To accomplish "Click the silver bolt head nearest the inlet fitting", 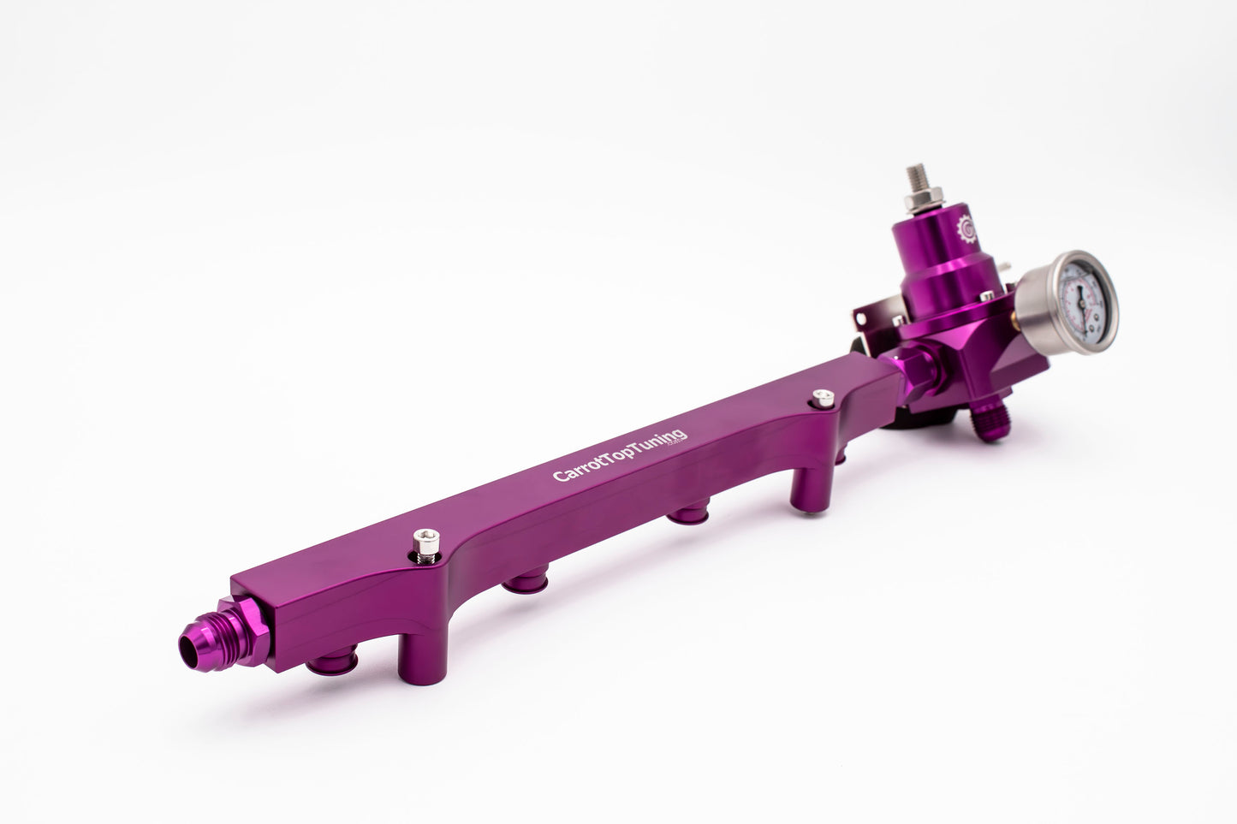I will [x=419, y=542].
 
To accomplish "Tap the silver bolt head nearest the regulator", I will [x=823, y=397].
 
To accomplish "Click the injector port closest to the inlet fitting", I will [x=325, y=665].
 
